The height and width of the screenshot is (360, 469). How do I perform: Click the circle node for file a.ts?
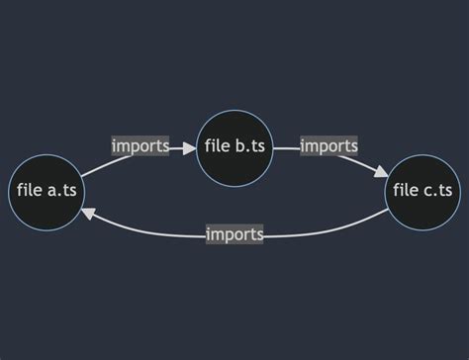click(x=46, y=191)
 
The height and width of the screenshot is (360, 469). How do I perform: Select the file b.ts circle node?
click(x=234, y=147)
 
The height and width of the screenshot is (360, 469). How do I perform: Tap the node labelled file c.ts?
click(x=422, y=191)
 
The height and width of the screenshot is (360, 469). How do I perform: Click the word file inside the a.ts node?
click(x=30, y=191)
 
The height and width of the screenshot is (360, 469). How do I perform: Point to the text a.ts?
click(x=61, y=191)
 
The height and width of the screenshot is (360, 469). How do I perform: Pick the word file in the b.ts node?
click(x=218, y=147)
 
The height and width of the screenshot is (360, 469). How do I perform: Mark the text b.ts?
click(x=250, y=147)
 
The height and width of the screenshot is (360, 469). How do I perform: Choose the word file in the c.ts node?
click(x=406, y=191)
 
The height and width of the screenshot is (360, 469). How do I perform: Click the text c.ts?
click(x=438, y=191)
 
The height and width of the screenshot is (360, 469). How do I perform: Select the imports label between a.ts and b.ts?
click(x=141, y=147)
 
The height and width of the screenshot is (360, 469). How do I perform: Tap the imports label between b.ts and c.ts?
click(x=328, y=147)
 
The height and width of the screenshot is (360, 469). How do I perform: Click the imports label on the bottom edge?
click(x=234, y=234)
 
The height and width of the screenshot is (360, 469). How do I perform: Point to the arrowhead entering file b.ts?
click(x=190, y=147)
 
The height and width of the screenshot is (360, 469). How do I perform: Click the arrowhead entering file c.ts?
click(x=381, y=172)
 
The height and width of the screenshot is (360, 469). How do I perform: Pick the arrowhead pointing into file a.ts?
click(x=87, y=213)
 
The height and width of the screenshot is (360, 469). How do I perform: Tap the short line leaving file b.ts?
click(x=286, y=147)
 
